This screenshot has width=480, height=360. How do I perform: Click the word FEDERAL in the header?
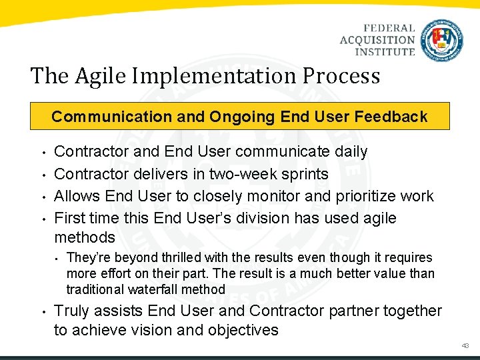pyautogui.click(x=389, y=29)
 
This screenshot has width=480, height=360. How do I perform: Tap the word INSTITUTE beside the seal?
pyautogui.click(x=385, y=51)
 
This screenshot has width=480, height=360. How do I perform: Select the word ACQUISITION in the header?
pyautogui.click(x=377, y=40)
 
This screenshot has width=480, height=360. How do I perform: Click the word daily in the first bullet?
pyautogui.click(x=351, y=152)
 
